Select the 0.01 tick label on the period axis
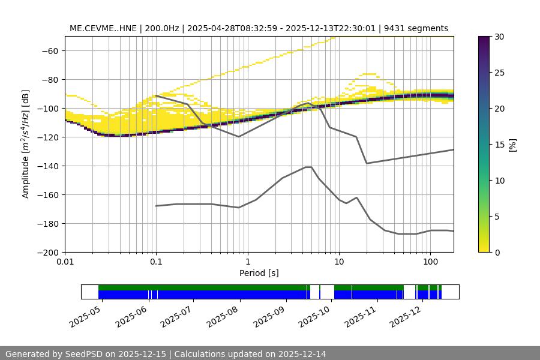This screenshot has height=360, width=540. pos(65,262)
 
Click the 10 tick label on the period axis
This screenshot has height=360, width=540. pos(338,262)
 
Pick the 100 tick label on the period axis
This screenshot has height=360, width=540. pos(430,262)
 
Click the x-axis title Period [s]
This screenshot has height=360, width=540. pos(259,273)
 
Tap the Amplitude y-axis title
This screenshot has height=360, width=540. pos(26,144)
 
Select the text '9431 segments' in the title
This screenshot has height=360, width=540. pos(416,28)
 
